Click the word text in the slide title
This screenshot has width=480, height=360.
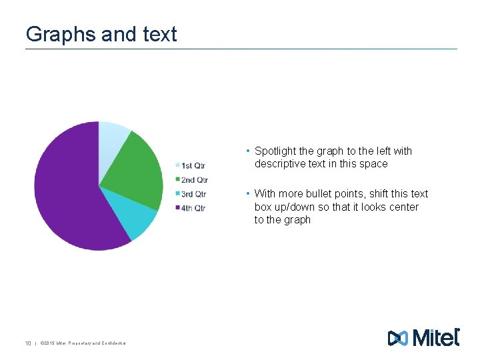160,34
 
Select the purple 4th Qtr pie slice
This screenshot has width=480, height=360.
67,193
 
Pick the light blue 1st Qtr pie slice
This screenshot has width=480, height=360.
111,143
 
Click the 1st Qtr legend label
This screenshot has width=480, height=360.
193,165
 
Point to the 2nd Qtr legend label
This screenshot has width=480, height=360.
195,180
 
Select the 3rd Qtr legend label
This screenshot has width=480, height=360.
194,194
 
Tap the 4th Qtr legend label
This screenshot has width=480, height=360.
194,208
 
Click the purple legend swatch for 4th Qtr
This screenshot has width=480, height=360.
178,208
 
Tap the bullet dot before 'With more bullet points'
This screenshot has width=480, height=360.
247,194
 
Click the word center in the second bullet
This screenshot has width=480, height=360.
403,207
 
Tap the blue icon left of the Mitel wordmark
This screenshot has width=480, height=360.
397,339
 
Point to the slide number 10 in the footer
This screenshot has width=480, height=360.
29,343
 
